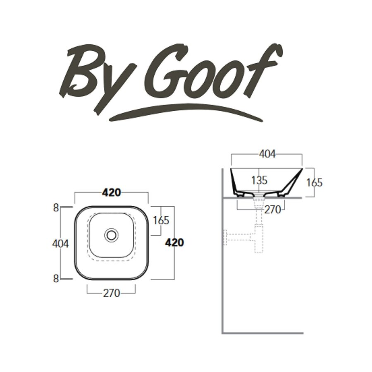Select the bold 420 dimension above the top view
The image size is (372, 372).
pos(111,192)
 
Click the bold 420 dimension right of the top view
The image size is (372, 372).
pos(174,243)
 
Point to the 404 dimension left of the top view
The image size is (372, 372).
pos(60,244)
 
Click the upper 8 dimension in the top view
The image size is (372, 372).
pos(56,208)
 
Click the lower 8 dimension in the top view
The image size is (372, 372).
pos(56,278)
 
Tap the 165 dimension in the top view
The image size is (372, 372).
pos(161,220)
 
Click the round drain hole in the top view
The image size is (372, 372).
pos(111,235)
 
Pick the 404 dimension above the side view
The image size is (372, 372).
pos(267,154)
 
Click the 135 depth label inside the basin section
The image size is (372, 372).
pos(259,180)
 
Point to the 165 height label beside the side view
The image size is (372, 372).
pos(314,182)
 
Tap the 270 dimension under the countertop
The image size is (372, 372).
pos(272,210)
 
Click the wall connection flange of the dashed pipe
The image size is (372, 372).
pos(226,237)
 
